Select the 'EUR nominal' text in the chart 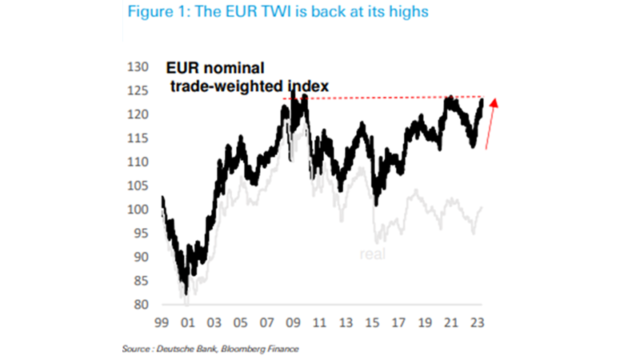click(215, 68)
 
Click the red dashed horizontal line click(384, 98)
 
